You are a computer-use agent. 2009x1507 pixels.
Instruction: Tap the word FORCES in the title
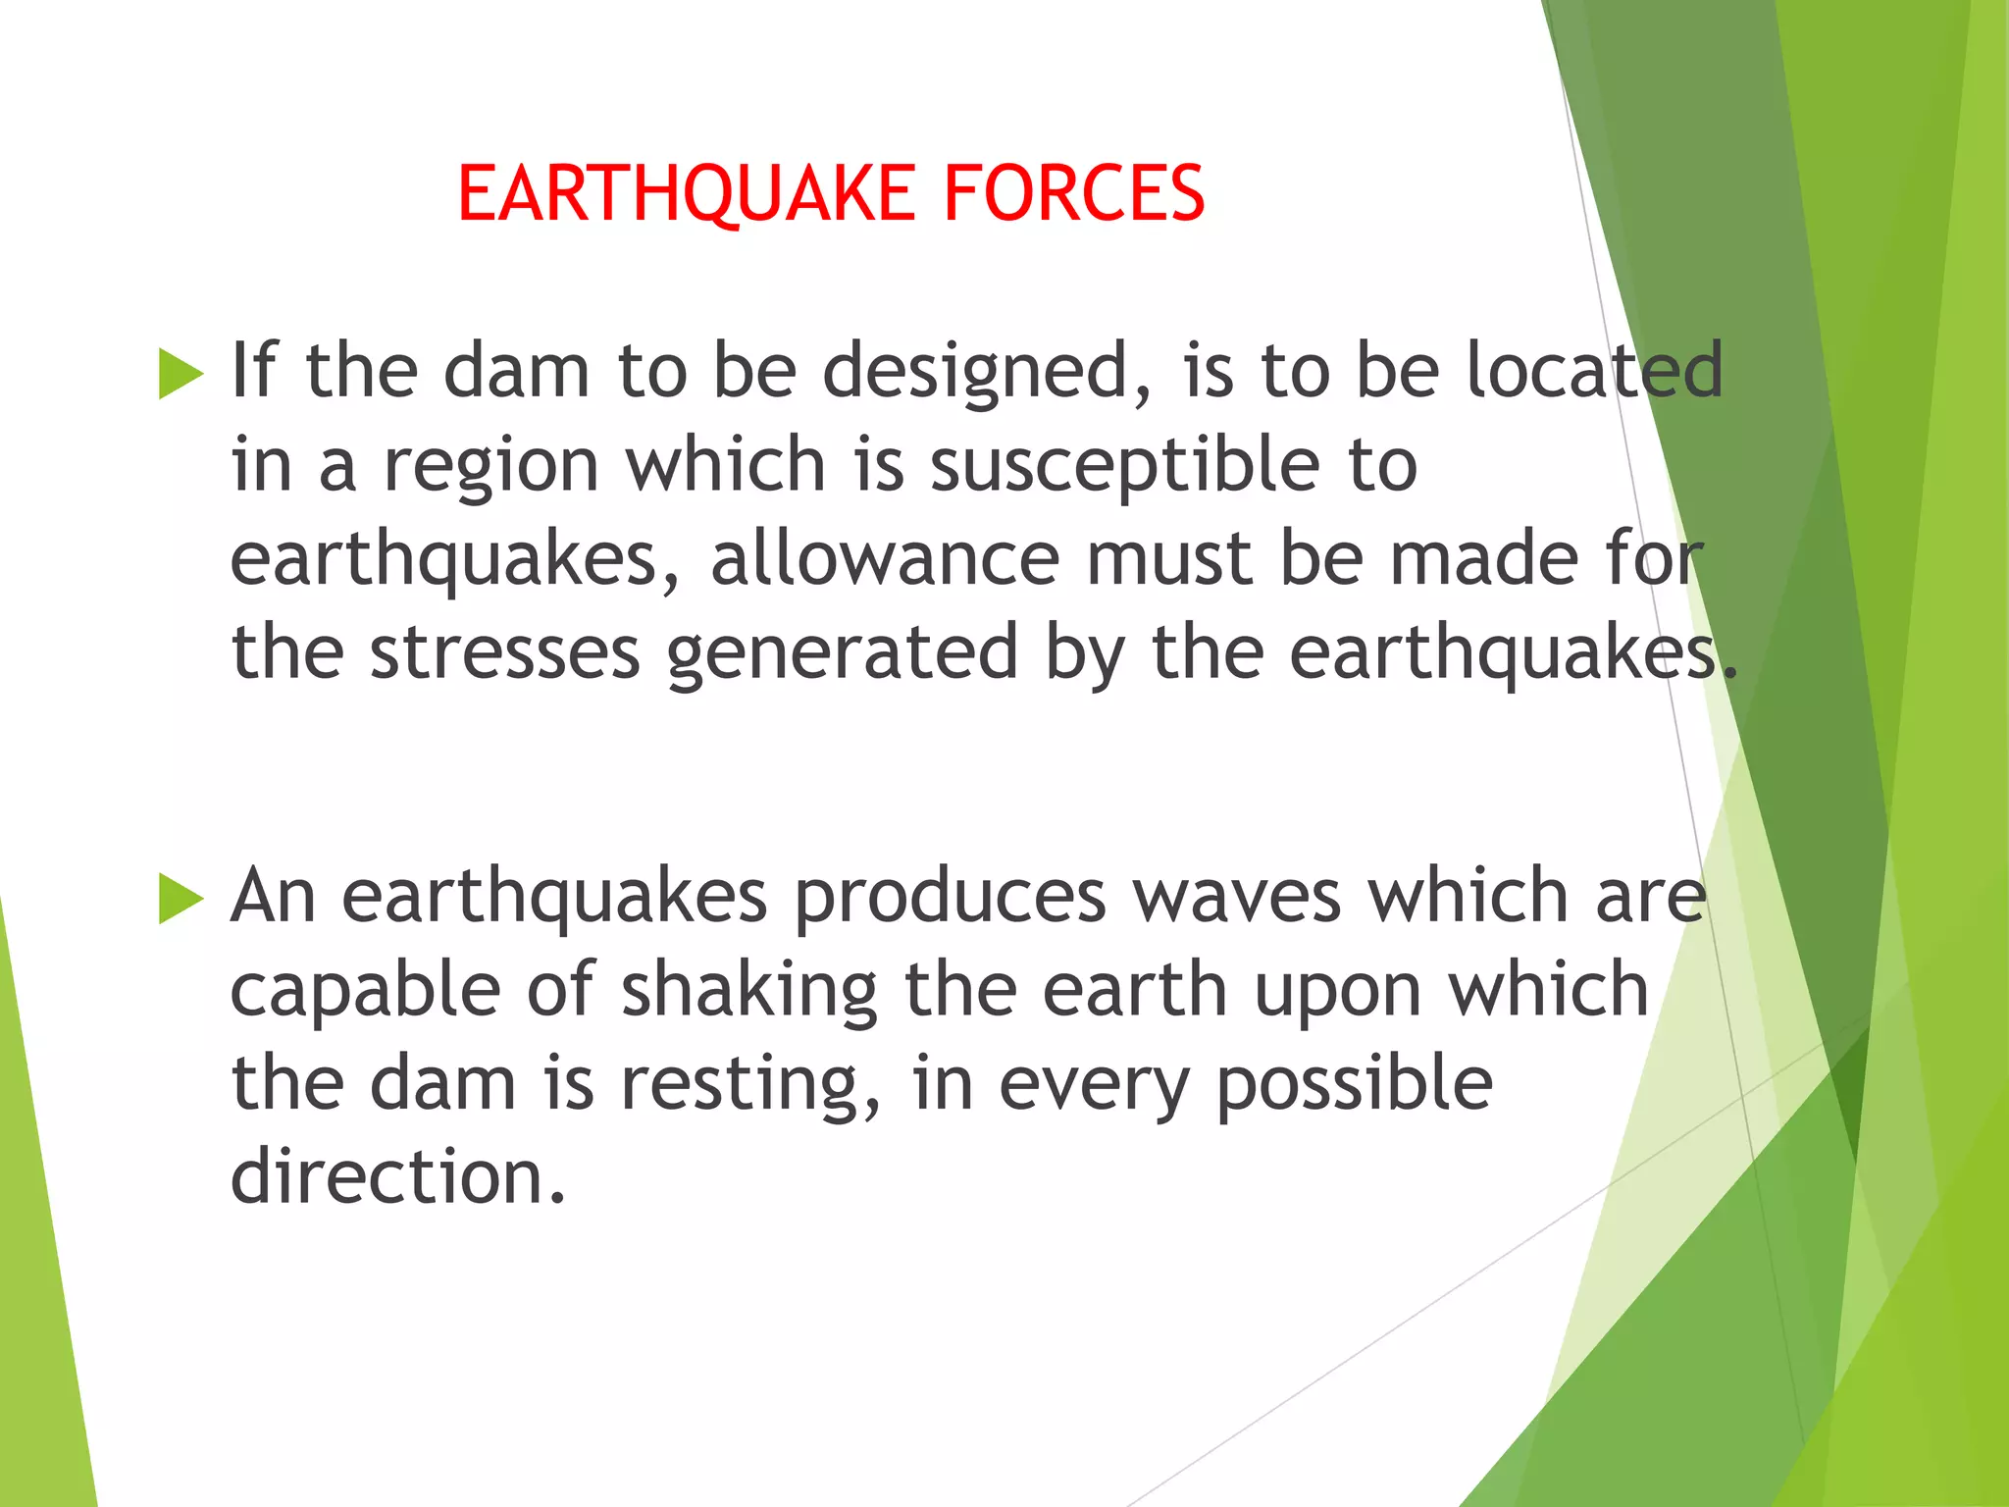(1073, 193)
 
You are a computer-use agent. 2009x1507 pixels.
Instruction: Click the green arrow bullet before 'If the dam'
(180, 374)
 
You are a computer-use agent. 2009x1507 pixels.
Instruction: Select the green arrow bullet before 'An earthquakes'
(180, 899)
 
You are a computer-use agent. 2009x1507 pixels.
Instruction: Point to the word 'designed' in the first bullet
(974, 373)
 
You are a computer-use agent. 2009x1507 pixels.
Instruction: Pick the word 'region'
(490, 467)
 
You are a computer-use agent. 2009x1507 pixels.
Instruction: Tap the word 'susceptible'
(1124, 467)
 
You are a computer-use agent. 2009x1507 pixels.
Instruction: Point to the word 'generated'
(843, 654)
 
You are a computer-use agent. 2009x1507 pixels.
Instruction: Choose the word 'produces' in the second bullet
(950, 898)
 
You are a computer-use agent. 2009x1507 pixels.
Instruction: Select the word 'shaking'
(749, 991)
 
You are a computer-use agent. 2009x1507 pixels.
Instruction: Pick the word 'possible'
(1354, 1085)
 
